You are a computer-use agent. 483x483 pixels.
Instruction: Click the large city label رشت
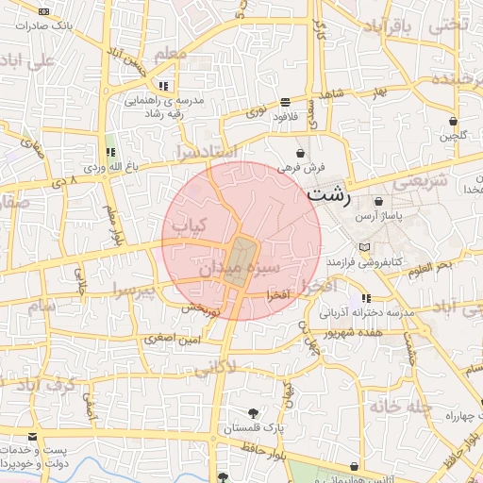[x=329, y=197]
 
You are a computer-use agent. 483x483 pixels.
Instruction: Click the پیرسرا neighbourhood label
[x=131, y=287]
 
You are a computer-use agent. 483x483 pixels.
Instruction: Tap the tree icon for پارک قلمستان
[x=254, y=412]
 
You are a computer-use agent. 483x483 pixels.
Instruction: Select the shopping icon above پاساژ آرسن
[x=378, y=202]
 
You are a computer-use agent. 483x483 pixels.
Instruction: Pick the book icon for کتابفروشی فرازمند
[x=377, y=246]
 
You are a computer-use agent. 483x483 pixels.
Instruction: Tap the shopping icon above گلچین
[x=454, y=121]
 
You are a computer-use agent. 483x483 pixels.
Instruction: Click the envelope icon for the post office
[x=33, y=438]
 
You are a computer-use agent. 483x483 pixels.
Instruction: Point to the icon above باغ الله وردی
[x=110, y=152]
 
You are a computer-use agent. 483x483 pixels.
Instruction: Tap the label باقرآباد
[x=389, y=25]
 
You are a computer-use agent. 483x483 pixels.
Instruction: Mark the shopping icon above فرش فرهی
[x=301, y=152]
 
